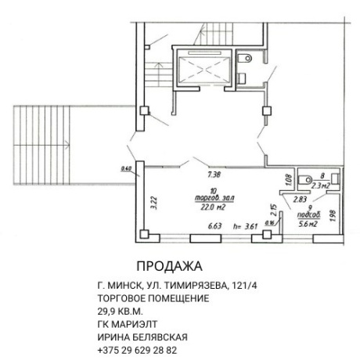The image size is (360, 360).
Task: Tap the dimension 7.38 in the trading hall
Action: [213, 177]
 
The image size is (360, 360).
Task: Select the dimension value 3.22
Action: [153, 200]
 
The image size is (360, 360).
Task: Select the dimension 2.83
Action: [299, 200]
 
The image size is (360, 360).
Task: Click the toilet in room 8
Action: [302, 177]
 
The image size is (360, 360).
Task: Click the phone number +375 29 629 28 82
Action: [138, 350]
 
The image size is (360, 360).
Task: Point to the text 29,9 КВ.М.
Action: [123, 311]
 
